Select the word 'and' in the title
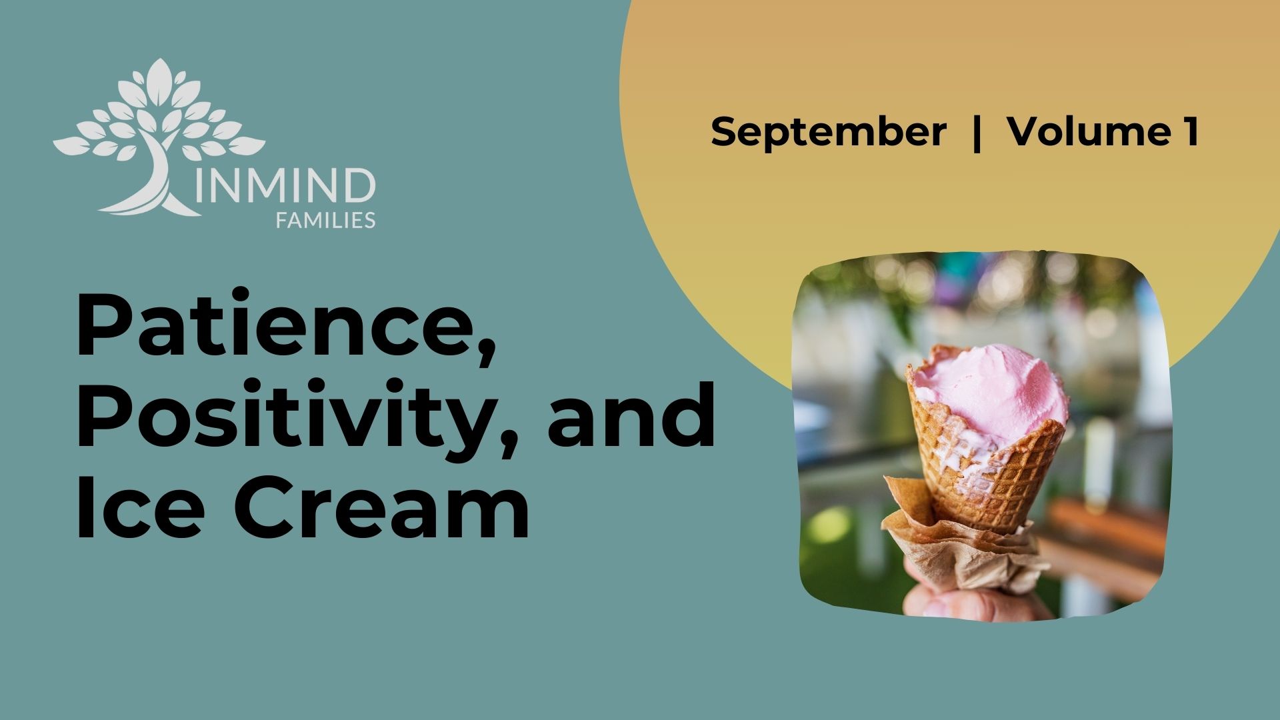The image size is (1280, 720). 631,414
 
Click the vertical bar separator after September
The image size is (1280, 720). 977,133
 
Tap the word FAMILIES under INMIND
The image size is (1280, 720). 325,220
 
